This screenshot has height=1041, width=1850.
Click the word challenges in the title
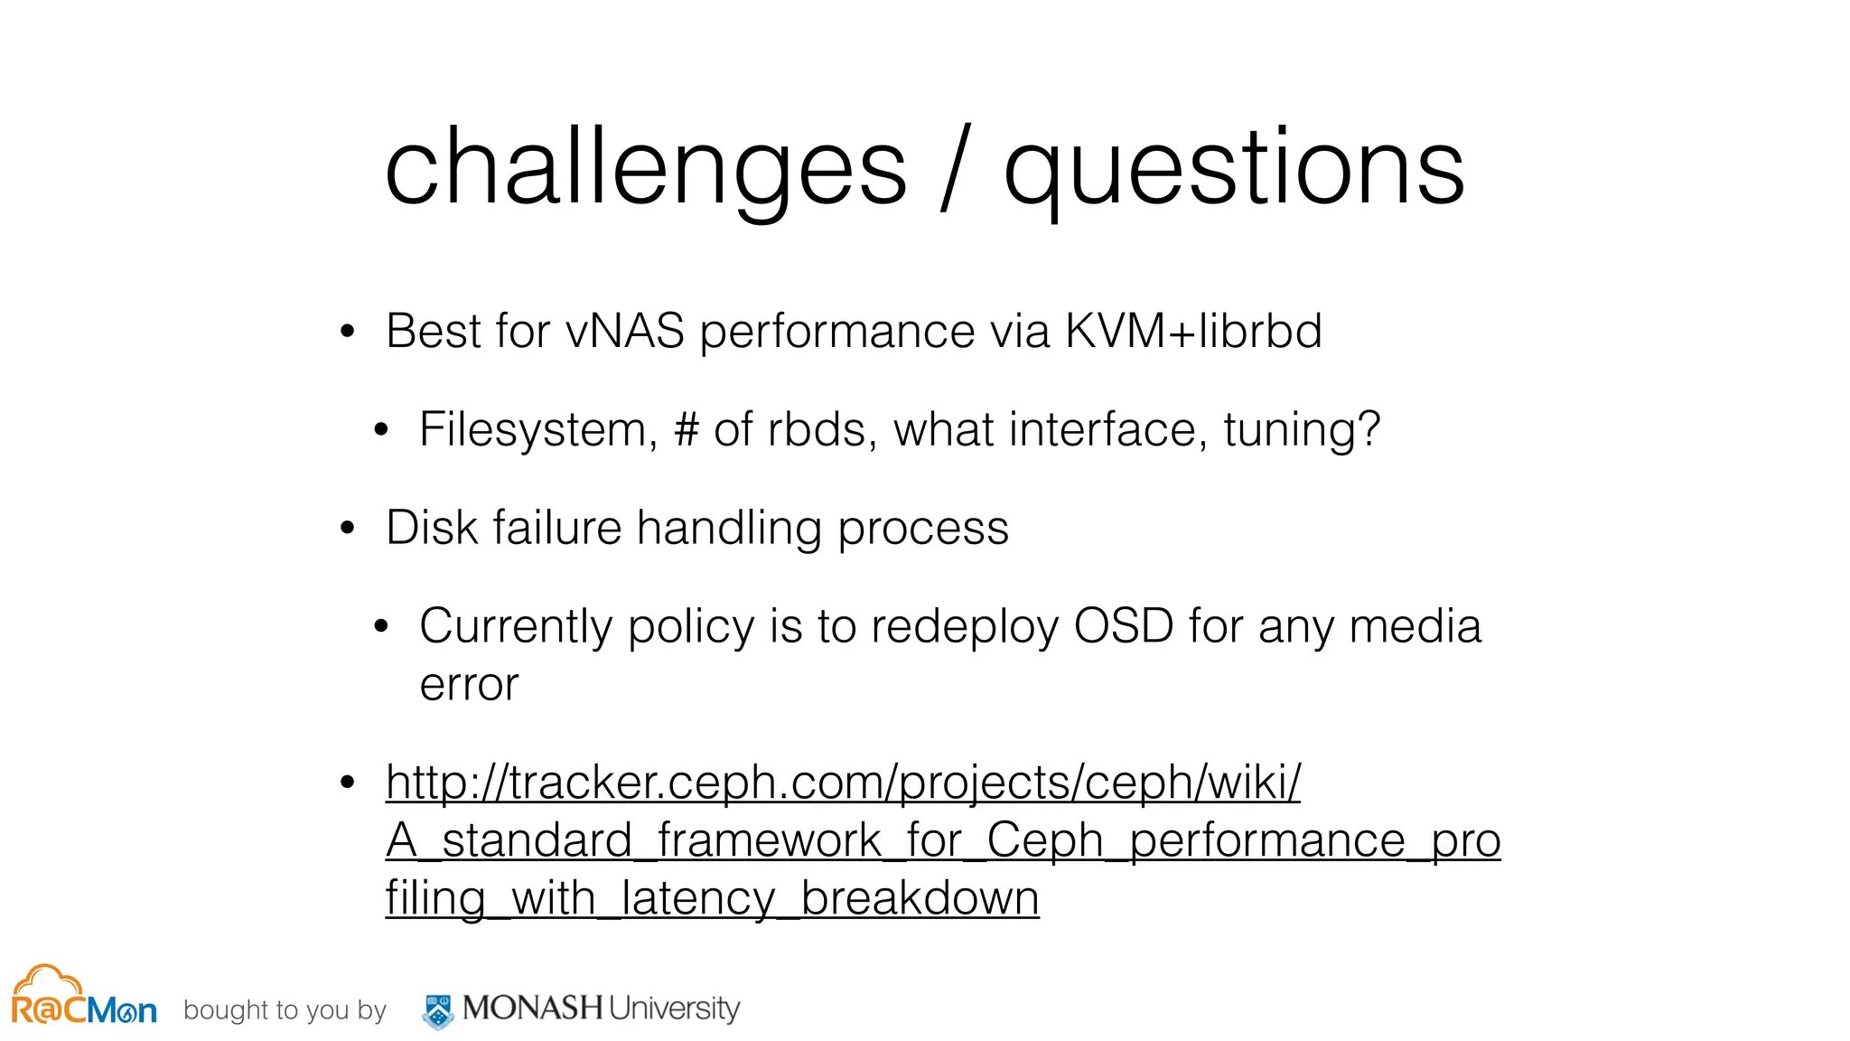click(x=645, y=168)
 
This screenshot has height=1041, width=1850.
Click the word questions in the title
click(x=1234, y=168)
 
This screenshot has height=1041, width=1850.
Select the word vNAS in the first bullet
click(x=625, y=331)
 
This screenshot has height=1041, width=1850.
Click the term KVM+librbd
click(x=1193, y=331)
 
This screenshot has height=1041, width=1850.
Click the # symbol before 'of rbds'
click(x=687, y=429)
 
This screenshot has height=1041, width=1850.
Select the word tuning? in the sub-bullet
click(x=1302, y=429)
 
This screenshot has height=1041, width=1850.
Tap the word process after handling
click(x=922, y=528)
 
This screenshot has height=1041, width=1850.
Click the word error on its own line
click(x=469, y=685)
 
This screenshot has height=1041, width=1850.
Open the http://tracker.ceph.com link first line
click(x=843, y=783)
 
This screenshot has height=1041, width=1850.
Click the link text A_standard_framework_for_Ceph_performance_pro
click(x=943, y=840)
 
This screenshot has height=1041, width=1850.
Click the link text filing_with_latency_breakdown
click(x=712, y=898)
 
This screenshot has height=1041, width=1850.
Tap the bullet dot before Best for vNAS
click(x=348, y=332)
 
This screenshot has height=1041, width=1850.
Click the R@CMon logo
click(x=83, y=998)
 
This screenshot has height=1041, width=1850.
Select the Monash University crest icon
click(x=439, y=1010)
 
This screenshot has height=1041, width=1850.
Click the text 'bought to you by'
click(x=285, y=1010)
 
